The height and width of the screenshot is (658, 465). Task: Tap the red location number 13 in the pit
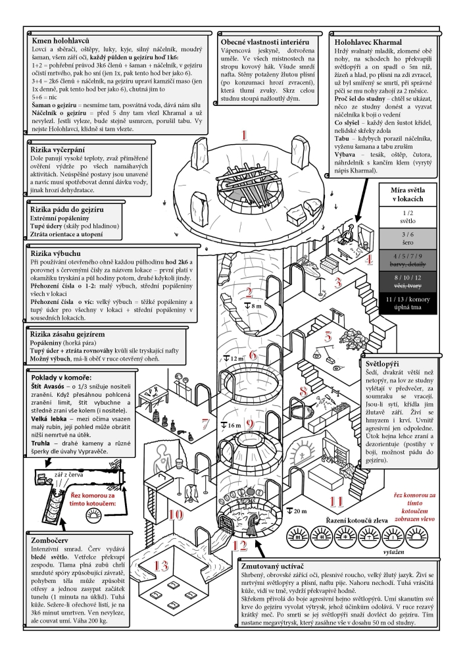tap(162, 567)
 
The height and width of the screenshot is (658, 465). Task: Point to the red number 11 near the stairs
tap(336, 501)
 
